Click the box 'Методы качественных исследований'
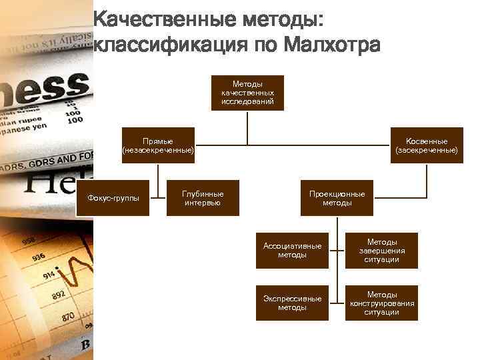(x=247, y=93)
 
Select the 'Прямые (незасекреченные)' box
(x=158, y=145)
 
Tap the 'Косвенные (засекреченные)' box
(x=427, y=145)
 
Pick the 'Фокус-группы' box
(x=114, y=198)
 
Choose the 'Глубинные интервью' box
(x=203, y=198)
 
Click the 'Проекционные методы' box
(x=337, y=198)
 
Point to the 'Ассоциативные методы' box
(x=292, y=250)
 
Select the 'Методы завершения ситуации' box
(x=381, y=250)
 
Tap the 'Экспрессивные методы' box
(x=292, y=303)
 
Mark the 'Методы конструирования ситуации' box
(x=381, y=303)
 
